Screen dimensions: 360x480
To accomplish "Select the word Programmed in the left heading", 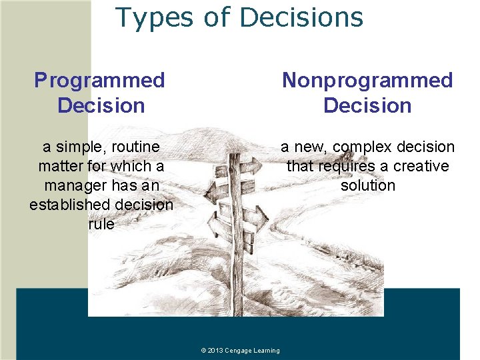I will (99, 80).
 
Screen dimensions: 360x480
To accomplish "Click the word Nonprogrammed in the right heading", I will (367, 80).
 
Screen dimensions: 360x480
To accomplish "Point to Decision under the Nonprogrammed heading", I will (367, 105).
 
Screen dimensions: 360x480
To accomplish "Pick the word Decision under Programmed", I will (101, 105).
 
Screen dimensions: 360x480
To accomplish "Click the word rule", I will (101, 224).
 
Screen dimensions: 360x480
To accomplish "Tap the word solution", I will (367, 185).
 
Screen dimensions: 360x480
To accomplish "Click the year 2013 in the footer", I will (215, 351).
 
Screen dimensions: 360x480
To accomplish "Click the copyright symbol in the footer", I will (203, 351).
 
